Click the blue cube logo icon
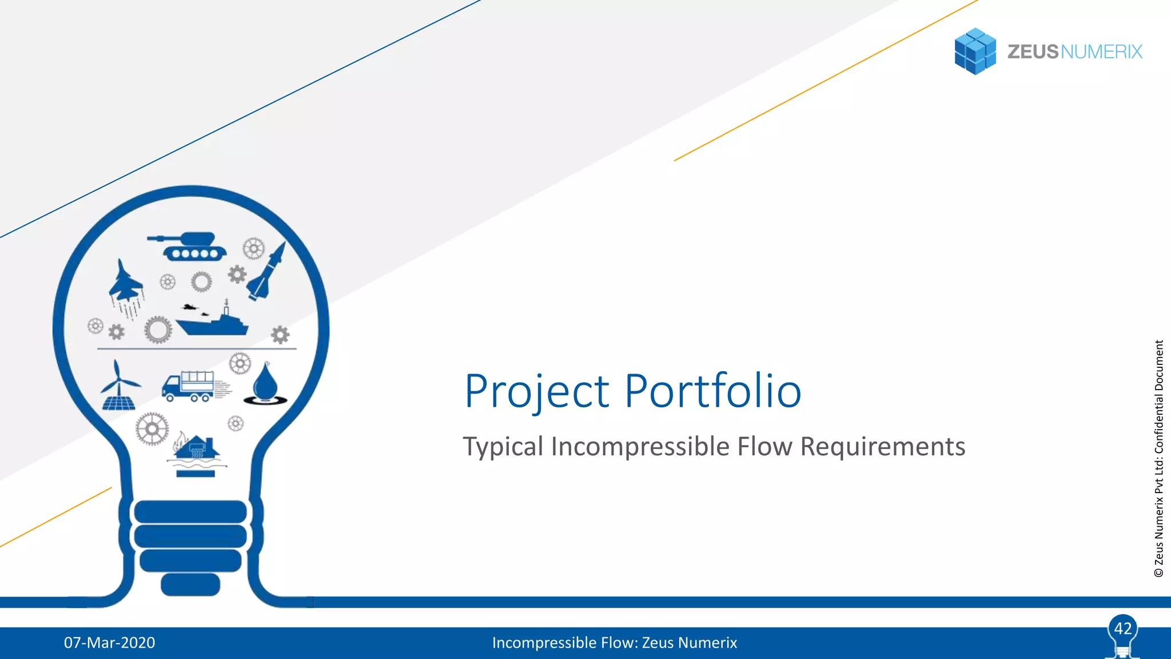click(975, 51)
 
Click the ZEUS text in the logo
click(1033, 52)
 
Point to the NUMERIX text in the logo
click(1101, 52)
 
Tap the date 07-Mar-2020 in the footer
click(109, 642)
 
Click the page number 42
click(1122, 629)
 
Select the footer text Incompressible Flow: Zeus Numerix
click(614, 642)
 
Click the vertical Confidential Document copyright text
click(1159, 458)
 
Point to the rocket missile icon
click(267, 272)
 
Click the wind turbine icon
click(119, 387)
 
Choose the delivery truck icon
click(189, 386)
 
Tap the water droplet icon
click(265, 384)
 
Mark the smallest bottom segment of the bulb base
click(190, 585)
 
